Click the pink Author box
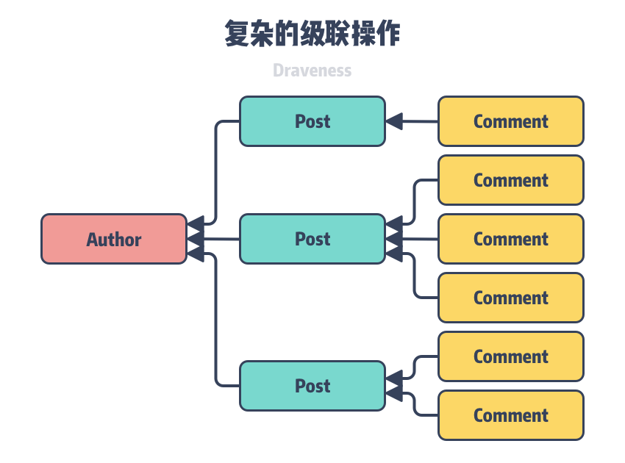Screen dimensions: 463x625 click(x=114, y=239)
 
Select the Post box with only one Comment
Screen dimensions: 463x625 click(x=312, y=121)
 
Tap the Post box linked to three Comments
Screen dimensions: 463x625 click(x=312, y=239)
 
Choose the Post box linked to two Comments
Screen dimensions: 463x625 click(x=312, y=386)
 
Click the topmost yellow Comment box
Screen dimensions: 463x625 click(x=511, y=121)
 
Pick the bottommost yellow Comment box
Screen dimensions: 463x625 click(x=511, y=415)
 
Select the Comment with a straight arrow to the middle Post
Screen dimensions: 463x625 click(x=511, y=239)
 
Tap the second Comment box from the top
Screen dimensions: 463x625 click(x=511, y=180)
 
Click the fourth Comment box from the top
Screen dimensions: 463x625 click(x=511, y=298)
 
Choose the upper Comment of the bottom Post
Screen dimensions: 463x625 click(x=511, y=356)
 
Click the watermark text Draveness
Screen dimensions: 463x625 click(x=312, y=71)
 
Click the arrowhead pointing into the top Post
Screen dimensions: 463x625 click(x=394, y=121)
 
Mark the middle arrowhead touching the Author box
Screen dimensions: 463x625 click(x=195, y=239)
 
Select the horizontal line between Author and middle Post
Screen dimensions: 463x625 click(x=221, y=239)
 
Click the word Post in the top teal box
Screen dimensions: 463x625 click(x=312, y=121)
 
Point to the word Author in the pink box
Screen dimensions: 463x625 click(x=114, y=240)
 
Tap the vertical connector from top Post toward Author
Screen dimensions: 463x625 click(x=215, y=173)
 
